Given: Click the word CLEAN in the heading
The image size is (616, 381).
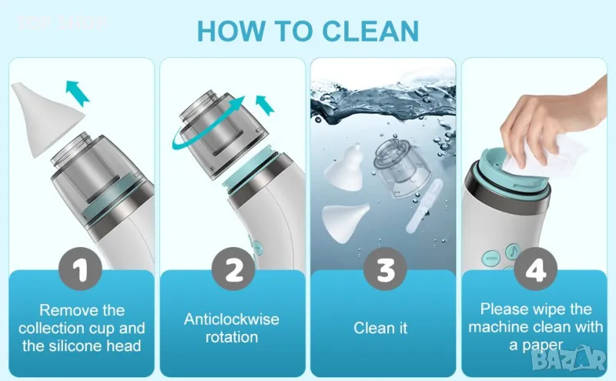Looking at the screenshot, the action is coord(370,31).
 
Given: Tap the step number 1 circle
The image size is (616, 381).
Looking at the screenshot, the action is coord(80,269).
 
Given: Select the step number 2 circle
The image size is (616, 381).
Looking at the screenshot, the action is coord(233,269).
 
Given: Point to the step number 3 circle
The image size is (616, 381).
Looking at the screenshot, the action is coord(385,269).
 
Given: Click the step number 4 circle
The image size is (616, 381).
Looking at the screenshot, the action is coord(535,269).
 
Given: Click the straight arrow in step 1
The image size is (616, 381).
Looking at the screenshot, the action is coord(78,92).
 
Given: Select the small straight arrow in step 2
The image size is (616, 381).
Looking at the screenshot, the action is coord(265,105).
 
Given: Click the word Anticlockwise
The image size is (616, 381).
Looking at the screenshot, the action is coord(232,319).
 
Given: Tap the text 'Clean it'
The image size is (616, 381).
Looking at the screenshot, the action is coord(380,328).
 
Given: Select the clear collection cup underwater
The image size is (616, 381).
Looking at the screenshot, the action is coord(397,167).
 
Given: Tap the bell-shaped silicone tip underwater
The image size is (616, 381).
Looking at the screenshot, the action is coord(343,168).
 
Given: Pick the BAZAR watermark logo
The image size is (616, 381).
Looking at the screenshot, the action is coord(569,357).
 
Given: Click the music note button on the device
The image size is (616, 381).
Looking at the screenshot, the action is coord(513,251).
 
